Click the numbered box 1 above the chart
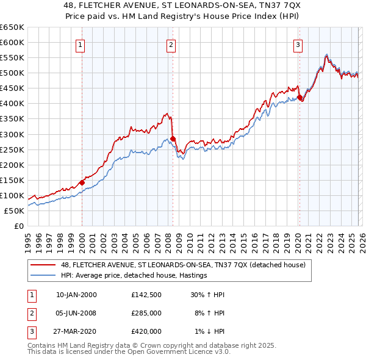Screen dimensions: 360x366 (x=81, y=44)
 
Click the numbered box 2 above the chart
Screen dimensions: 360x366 (x=171, y=44)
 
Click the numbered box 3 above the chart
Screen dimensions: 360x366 (x=298, y=44)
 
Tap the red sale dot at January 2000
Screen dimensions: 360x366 (x=82, y=182)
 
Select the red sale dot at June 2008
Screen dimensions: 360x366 (x=173, y=139)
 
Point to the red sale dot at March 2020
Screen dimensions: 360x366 (x=300, y=97)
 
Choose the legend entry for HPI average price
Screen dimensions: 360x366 (x=134, y=275)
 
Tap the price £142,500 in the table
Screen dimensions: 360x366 (x=146, y=295)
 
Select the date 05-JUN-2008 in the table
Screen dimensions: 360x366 (x=76, y=313)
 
